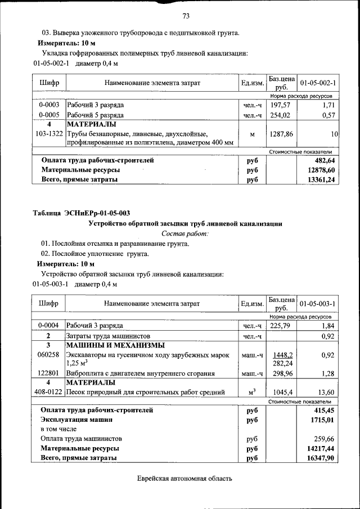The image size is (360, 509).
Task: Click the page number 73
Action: click(x=186, y=15)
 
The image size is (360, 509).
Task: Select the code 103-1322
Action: click(x=49, y=134)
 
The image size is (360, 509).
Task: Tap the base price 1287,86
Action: click(x=281, y=134)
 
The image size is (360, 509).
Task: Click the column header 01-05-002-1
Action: click(x=318, y=83)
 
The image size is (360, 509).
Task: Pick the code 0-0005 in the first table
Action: click(x=49, y=115)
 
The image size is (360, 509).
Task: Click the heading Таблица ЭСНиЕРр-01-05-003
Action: click(x=82, y=213)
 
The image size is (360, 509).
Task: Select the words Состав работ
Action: click(x=185, y=233)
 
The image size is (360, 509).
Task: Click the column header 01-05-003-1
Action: click(x=318, y=304)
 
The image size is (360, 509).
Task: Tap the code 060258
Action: click(x=49, y=355)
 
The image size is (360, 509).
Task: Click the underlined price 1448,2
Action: click(x=281, y=355)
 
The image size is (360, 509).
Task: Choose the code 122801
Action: click(x=49, y=373)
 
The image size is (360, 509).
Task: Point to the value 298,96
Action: click(x=281, y=373)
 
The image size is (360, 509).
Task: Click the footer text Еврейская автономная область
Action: click(x=184, y=479)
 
